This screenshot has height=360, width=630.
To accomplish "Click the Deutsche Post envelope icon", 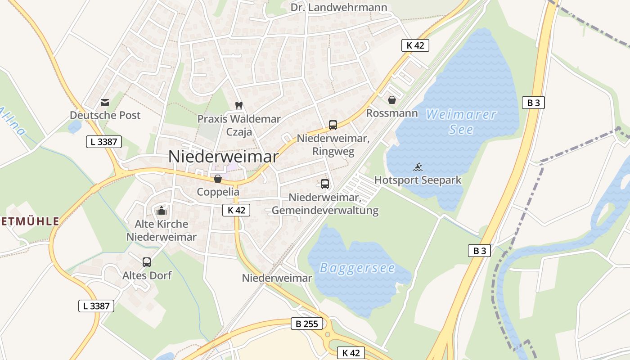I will [x=105, y=103].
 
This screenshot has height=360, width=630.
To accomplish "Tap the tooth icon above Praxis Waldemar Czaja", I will [x=239, y=106].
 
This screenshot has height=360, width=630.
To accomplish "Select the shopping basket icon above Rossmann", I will [x=392, y=100].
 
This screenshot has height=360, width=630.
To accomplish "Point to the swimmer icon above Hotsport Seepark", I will [x=418, y=167].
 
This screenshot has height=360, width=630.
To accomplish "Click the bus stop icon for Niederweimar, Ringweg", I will [x=333, y=125].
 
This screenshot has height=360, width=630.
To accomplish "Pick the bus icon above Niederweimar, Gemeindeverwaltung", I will [x=325, y=184].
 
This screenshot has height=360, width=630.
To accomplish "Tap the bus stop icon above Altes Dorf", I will [x=147, y=262].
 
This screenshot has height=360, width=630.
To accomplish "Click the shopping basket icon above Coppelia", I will [x=218, y=179].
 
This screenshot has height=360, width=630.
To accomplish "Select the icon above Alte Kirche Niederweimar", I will [x=162, y=210].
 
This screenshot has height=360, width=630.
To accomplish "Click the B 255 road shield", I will [x=307, y=323].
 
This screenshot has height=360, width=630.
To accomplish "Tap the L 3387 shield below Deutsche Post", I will [x=104, y=142].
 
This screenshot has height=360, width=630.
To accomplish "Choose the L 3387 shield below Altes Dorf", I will [x=96, y=306].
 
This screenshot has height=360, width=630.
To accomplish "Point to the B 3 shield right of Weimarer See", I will [x=533, y=103].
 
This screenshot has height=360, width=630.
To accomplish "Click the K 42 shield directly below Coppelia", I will [x=236, y=210].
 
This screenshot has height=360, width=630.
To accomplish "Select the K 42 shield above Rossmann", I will [x=415, y=45].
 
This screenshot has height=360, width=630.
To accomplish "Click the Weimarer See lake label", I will [x=461, y=122].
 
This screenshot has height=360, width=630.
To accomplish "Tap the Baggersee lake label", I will [x=357, y=268].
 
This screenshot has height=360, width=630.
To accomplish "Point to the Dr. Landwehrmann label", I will [x=339, y=7].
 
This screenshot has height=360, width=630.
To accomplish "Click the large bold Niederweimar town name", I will [x=224, y=156].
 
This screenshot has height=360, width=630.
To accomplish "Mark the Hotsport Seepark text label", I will [x=418, y=180].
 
